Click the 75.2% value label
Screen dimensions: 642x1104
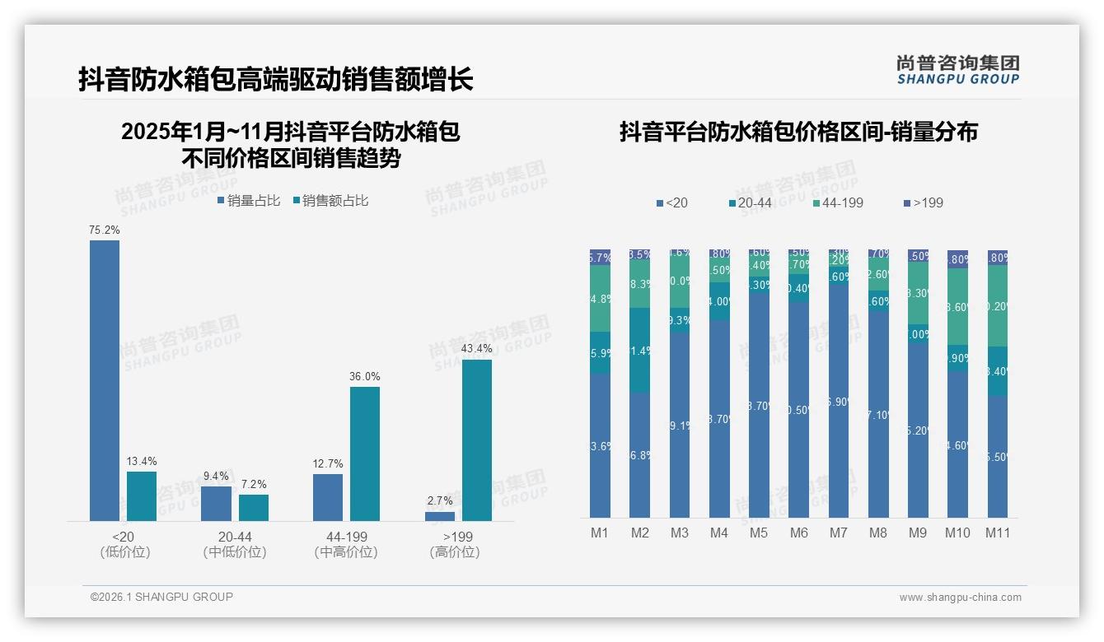tap(105, 230)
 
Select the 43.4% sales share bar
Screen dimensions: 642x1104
tap(476, 440)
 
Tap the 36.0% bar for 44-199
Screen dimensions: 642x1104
tap(364, 454)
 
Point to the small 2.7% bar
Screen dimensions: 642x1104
tap(440, 516)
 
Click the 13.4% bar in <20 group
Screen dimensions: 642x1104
tap(141, 495)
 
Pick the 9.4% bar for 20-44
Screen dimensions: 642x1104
tap(216, 503)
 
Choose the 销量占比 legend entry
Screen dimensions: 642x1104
tap(249, 201)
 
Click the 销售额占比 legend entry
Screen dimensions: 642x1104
tap(330, 201)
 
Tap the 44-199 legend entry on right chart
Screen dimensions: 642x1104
tap(838, 202)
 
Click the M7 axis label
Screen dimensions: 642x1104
tap(838, 533)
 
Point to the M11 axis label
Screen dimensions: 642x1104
tap(998, 533)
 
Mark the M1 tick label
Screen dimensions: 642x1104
tap(599, 533)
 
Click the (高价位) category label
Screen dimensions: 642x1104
tap(454, 552)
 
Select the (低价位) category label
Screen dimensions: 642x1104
tap(124, 552)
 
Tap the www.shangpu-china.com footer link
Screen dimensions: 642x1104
tap(960, 598)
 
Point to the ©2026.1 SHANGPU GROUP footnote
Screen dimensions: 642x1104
tap(161, 597)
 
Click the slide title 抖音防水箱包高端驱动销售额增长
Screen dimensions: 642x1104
tap(276, 80)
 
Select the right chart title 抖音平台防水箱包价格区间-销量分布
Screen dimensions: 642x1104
tap(798, 132)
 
